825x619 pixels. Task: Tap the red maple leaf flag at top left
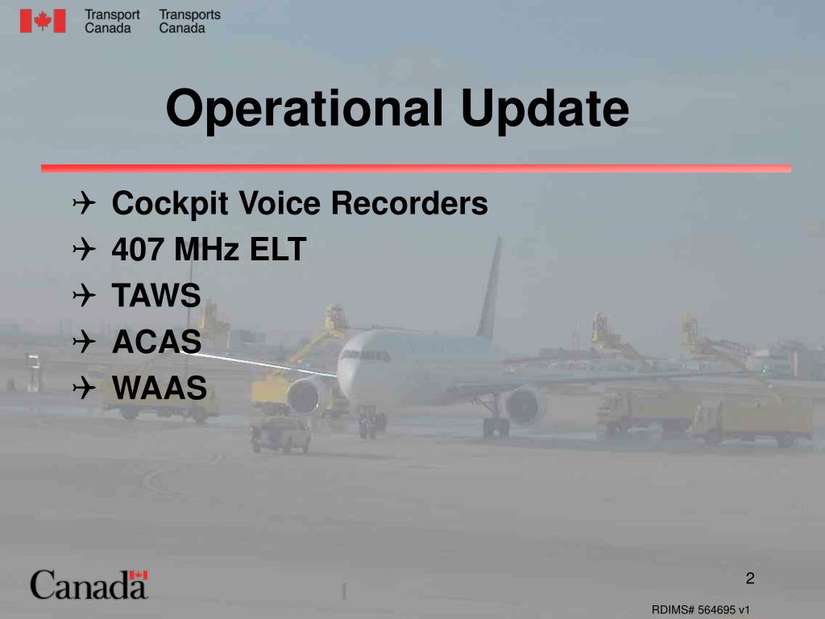pyautogui.click(x=43, y=21)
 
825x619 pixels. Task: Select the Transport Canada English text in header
pyautogui.click(x=112, y=21)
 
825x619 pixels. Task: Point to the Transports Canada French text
pyautogui.click(x=189, y=21)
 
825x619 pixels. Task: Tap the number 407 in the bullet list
pyautogui.click(x=139, y=250)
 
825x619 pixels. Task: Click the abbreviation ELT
pyautogui.click(x=277, y=250)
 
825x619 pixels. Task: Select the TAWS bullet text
pyautogui.click(x=156, y=297)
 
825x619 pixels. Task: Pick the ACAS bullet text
pyautogui.click(x=156, y=343)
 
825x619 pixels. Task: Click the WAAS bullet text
pyautogui.click(x=160, y=389)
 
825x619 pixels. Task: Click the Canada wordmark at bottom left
pyautogui.click(x=89, y=584)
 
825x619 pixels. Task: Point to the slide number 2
pyautogui.click(x=749, y=578)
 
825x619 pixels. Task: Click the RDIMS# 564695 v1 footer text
pyautogui.click(x=701, y=610)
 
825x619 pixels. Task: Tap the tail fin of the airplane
pyautogui.click(x=489, y=290)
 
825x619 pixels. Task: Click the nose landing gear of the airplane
pyautogui.click(x=371, y=420)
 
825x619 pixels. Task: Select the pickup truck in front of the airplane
pyautogui.click(x=280, y=434)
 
